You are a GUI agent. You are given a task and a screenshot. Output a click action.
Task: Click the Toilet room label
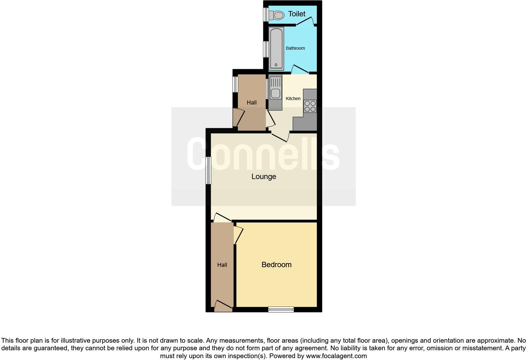(x=297, y=14)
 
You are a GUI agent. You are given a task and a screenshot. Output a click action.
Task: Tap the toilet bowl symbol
(x=277, y=15)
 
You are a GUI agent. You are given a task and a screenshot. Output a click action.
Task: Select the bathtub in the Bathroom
(x=276, y=48)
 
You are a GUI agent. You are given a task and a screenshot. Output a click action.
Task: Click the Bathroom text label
(x=295, y=48)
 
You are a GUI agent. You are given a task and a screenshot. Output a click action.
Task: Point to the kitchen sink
(x=275, y=88)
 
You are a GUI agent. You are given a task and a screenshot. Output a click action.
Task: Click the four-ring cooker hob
(x=310, y=106)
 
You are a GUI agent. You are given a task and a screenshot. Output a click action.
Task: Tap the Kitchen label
(x=293, y=98)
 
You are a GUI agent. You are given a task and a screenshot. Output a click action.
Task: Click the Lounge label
(x=264, y=177)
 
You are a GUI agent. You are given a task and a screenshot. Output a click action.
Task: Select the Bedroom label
(x=277, y=265)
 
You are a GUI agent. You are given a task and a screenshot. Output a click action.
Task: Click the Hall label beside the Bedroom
(x=222, y=265)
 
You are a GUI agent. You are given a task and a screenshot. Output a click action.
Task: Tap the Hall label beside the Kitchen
(x=252, y=102)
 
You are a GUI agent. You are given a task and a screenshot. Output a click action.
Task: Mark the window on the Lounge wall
(x=208, y=170)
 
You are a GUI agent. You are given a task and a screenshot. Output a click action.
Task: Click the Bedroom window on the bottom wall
(x=281, y=309)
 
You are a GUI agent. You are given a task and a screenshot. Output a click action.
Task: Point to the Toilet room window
(x=266, y=14)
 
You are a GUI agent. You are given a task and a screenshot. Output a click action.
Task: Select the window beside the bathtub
(x=266, y=49)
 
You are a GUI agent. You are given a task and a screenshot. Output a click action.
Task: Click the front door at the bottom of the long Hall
(x=223, y=306)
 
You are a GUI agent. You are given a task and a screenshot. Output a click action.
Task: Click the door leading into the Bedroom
(x=238, y=235)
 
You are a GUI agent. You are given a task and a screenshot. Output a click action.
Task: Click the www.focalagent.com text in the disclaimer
(x=336, y=356)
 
